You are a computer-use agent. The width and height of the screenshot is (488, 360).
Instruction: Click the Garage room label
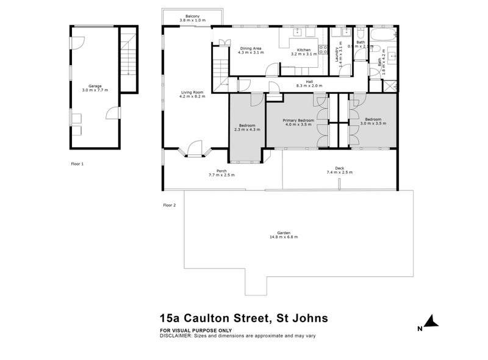coord(95,86)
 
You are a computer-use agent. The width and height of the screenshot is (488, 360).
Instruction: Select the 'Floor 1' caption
coord(77,164)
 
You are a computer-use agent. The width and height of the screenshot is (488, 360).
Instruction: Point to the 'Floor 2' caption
coord(169,205)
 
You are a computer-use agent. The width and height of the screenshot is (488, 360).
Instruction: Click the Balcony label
coord(192,16)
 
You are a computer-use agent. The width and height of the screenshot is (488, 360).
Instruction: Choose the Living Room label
coord(192,92)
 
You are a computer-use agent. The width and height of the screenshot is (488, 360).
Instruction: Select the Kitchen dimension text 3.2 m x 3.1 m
coord(304,54)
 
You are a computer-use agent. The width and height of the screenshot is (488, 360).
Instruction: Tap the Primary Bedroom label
coord(298,120)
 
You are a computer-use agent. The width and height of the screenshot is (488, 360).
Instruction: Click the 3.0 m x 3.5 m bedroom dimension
coord(373,123)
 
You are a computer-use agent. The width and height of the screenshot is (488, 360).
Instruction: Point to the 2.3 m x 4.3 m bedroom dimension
coord(248,129)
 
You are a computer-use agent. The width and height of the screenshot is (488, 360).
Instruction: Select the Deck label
coord(339,168)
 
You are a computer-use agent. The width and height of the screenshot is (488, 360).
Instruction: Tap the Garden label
coord(282,232)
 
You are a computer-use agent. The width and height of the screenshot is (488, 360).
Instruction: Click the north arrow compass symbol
coord(431,320)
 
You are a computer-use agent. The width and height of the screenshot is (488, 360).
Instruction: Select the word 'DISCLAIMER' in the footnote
coord(176,336)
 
